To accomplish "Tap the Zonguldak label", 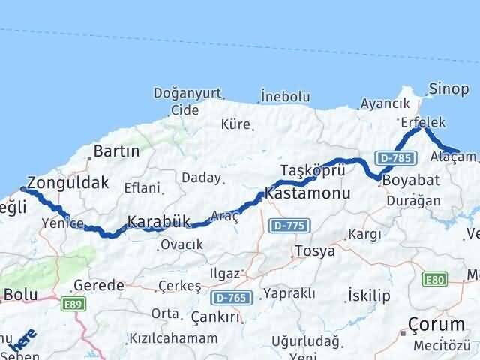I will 67,182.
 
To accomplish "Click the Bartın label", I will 115,151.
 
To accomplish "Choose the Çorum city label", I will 436,324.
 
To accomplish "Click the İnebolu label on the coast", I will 285,96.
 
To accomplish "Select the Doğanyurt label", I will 187,93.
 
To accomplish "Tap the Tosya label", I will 315,250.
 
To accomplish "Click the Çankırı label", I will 215,317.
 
